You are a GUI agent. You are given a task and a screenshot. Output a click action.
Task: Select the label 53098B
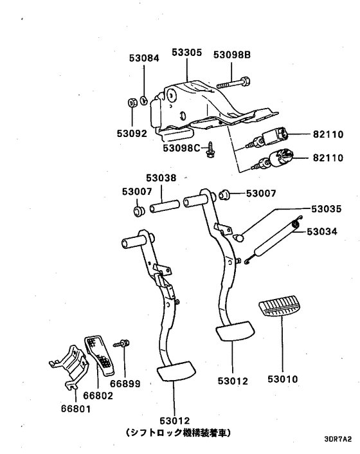click(x=232, y=55)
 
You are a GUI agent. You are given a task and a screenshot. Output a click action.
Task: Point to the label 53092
click(x=132, y=134)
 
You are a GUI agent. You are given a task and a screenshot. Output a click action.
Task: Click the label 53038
click(x=161, y=178)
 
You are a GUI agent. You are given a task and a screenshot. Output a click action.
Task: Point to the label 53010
click(x=284, y=379)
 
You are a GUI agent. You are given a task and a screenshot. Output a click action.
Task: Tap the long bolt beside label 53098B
click(x=232, y=84)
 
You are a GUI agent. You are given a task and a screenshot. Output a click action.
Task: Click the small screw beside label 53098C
click(x=210, y=151)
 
